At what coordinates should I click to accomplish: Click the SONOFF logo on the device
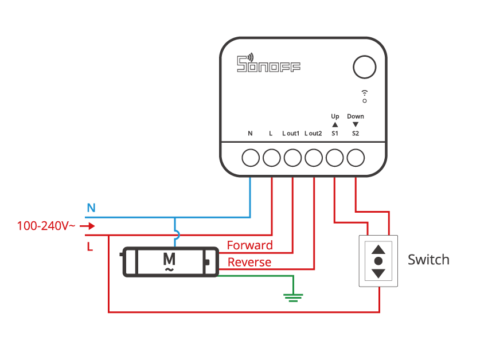click(x=268, y=63)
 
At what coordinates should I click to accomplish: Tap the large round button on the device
click(x=365, y=67)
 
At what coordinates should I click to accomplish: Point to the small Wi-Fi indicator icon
click(x=365, y=96)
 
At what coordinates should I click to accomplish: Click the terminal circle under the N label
click(x=251, y=158)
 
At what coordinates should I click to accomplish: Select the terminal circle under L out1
click(x=292, y=158)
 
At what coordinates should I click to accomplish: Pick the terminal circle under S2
click(x=356, y=158)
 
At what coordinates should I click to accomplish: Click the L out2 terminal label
click(x=313, y=134)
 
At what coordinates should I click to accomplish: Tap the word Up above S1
click(x=335, y=116)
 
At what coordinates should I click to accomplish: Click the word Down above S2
click(x=356, y=116)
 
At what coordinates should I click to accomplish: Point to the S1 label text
click(x=335, y=134)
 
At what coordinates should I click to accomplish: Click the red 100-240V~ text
click(x=46, y=226)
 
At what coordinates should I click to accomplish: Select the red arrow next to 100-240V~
click(x=88, y=226)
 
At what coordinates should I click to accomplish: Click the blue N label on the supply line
click(x=91, y=208)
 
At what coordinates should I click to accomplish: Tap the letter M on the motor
click(x=169, y=259)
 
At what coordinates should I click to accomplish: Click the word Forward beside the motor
click(x=249, y=245)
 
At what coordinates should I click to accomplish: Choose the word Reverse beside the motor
click(x=249, y=262)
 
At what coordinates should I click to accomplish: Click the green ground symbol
click(x=293, y=298)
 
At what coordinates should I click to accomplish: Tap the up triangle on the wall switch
click(x=378, y=249)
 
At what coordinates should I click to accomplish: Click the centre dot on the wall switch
click(x=378, y=261)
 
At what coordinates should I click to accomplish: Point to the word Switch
click(x=428, y=260)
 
